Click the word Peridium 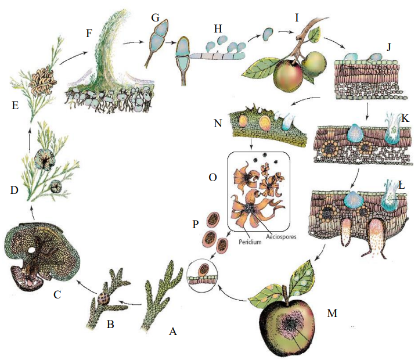pyautogui.click(x=250, y=242)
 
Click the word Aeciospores pyautogui.click(x=281, y=236)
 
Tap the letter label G pyautogui.click(x=155, y=17)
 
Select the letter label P pyautogui.click(x=196, y=224)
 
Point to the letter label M pyautogui.click(x=332, y=313)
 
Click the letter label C pyautogui.click(x=57, y=294)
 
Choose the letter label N pyautogui.click(x=218, y=123)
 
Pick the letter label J pyautogui.click(x=388, y=47)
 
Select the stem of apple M pyautogui.click(x=287, y=293)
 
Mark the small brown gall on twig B pyautogui.click(x=103, y=298)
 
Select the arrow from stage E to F pyautogui.click(x=74, y=57)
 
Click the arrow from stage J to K pyautogui.click(x=367, y=111)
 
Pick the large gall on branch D pyautogui.click(x=45, y=160)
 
